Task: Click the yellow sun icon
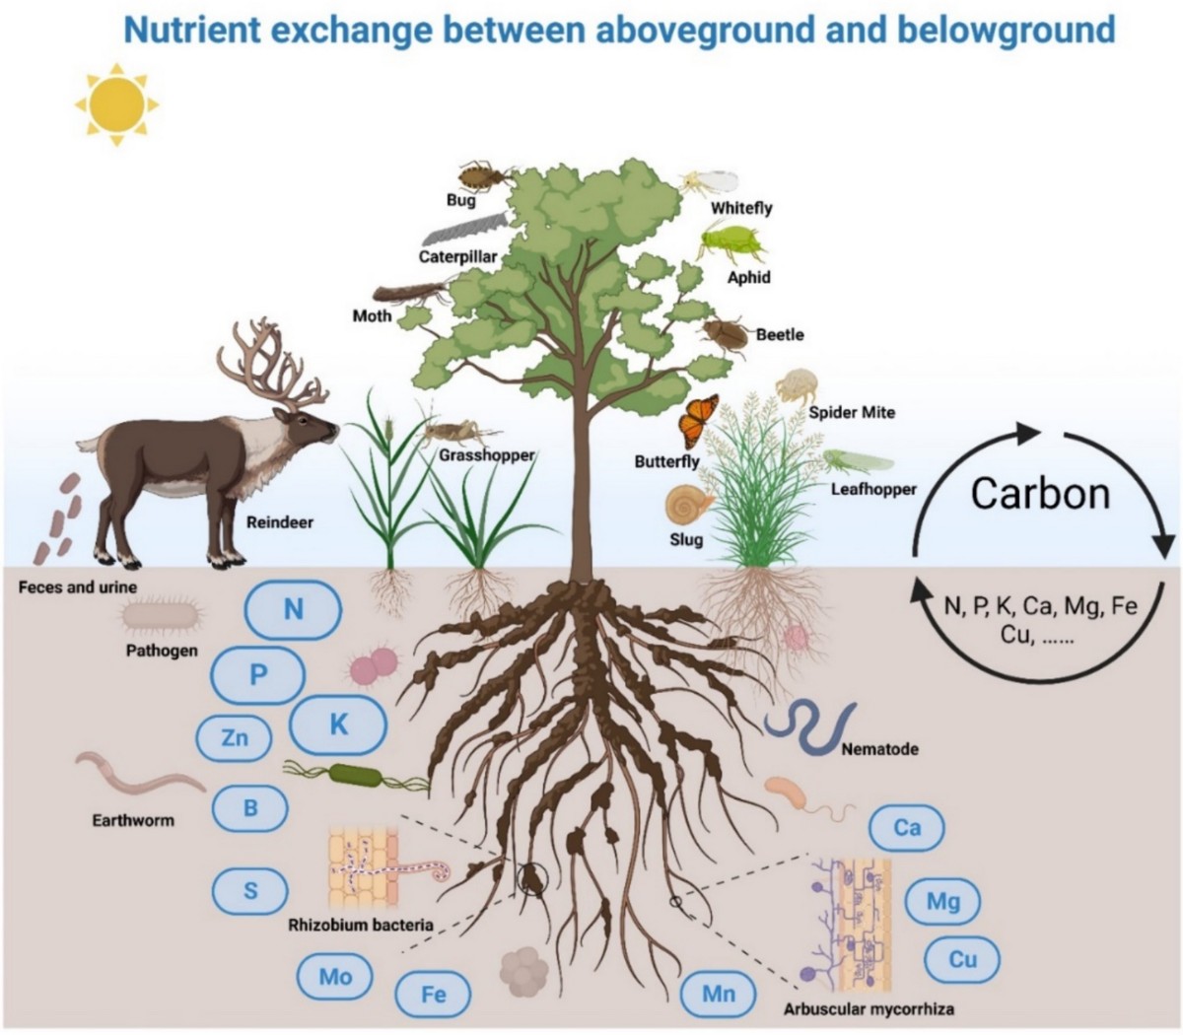coord(116,103)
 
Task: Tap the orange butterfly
coord(698,420)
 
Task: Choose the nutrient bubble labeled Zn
coord(235,737)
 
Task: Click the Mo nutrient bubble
coord(335,977)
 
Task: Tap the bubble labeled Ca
coord(906,827)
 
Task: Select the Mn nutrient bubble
coord(718,994)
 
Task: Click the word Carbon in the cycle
coord(1040,493)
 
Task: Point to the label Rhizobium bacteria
coord(361,925)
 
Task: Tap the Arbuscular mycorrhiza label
coord(869,1009)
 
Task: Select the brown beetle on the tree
coord(727,333)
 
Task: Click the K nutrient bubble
coord(338,724)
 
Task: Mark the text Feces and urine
coord(78,587)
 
